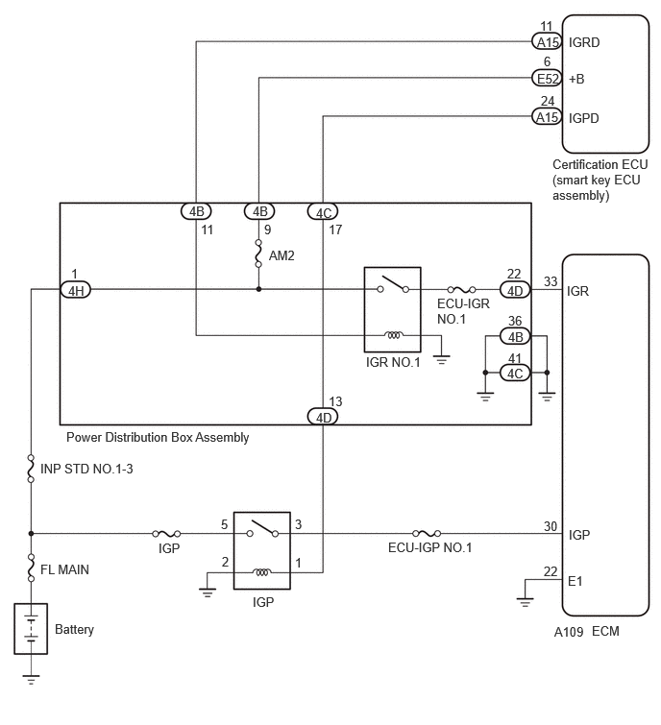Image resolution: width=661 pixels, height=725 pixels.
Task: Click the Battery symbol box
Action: [31, 628]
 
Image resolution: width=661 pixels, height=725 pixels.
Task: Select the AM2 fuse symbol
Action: [258, 254]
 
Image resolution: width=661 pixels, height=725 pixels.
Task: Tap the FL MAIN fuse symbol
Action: [31, 568]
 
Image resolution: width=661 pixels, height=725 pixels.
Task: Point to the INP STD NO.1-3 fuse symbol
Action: [31, 469]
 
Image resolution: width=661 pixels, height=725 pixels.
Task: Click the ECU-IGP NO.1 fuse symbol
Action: [427, 534]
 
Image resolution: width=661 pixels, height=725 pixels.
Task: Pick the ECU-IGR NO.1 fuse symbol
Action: [461, 290]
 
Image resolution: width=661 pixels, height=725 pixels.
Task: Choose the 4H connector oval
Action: [76, 290]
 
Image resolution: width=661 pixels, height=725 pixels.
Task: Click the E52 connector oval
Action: [547, 78]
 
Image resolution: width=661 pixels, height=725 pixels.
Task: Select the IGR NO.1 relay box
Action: [392, 309]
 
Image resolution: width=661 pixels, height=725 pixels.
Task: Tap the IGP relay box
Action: [262, 550]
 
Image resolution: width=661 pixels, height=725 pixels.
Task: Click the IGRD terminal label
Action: [584, 42]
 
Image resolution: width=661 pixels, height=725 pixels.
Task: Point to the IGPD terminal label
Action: [584, 118]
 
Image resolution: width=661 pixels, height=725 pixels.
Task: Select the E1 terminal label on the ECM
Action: [575, 581]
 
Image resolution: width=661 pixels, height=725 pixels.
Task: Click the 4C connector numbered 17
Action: [323, 212]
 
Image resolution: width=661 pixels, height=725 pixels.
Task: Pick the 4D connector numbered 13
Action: [323, 417]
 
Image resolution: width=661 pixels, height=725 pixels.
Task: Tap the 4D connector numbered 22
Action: [515, 290]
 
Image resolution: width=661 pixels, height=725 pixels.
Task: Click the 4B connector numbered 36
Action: [515, 336]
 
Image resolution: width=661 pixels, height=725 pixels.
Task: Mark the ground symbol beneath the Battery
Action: [31, 680]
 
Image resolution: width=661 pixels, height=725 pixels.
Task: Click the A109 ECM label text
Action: [586, 632]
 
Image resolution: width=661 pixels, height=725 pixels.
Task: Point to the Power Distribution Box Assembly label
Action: [158, 438]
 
